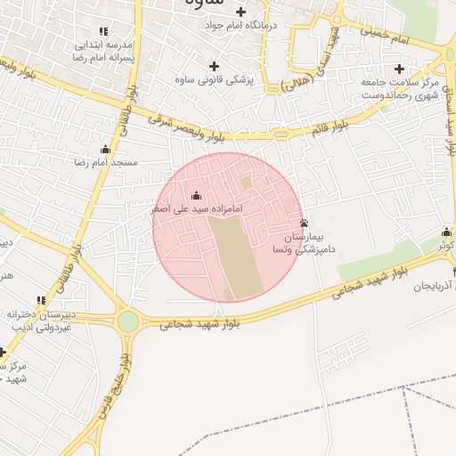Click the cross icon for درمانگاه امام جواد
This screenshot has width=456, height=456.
[x=240, y=12]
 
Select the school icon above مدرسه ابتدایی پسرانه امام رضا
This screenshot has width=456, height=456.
[x=106, y=30]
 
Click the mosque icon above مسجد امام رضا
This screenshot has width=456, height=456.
[x=106, y=149]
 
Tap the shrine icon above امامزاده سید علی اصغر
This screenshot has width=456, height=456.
[x=197, y=195]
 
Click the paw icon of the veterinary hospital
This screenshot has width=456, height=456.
[x=305, y=223]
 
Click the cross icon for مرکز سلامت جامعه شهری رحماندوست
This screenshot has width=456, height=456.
[x=399, y=69]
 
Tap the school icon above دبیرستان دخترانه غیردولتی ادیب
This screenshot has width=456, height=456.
[x=40, y=301]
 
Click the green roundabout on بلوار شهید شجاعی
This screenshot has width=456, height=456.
[x=128, y=322]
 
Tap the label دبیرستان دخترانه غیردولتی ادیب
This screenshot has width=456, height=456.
[x=40, y=322]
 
